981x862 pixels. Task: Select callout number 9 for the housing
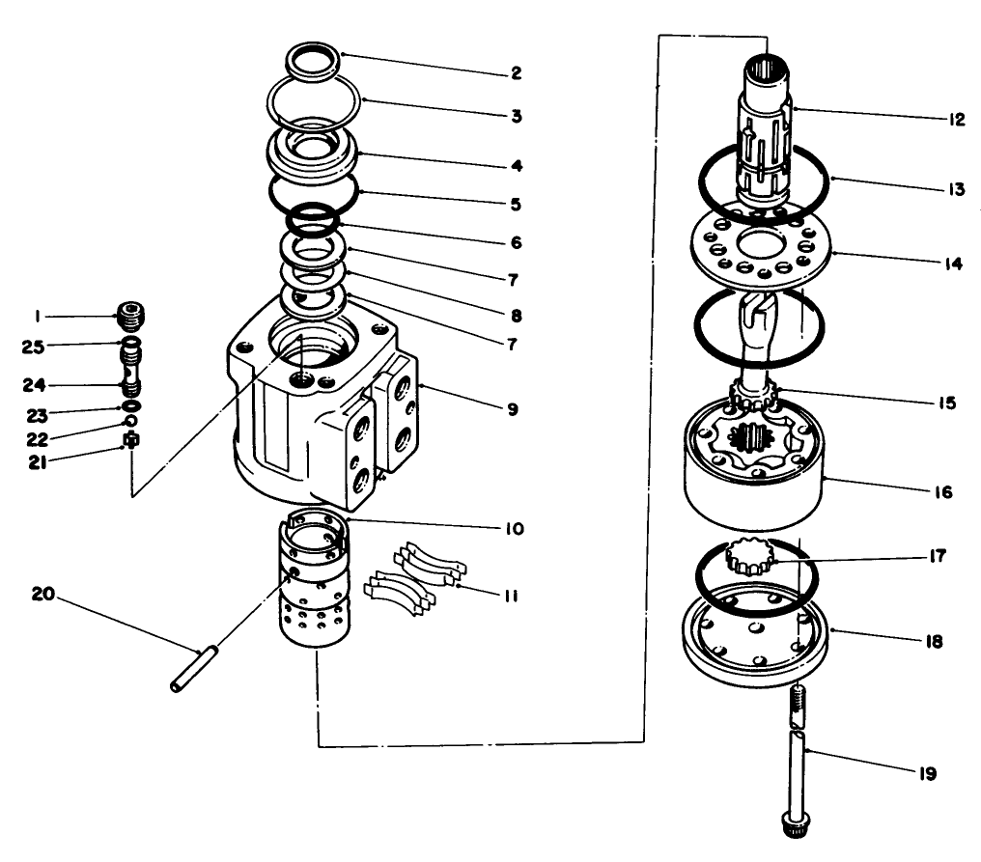tap(512, 409)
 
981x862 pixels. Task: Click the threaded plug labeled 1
tap(127, 315)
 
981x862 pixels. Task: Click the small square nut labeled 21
tap(130, 442)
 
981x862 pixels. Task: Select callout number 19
tap(928, 773)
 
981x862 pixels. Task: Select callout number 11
tap(511, 596)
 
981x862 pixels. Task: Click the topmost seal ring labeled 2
tap(314, 62)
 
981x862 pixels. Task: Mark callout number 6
tap(516, 242)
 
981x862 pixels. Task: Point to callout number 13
tap(955, 189)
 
